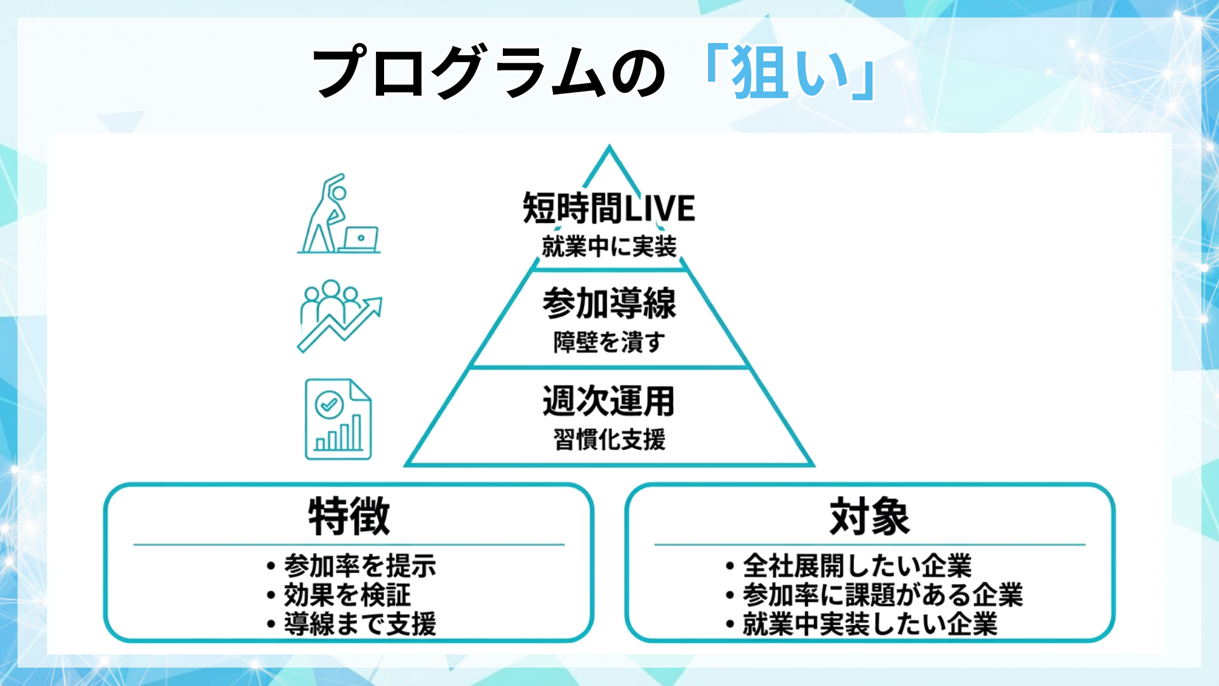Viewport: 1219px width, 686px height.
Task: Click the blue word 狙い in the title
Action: [791, 72]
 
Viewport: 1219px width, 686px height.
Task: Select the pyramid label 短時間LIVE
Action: [609, 208]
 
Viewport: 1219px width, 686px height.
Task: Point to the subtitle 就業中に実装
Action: [609, 246]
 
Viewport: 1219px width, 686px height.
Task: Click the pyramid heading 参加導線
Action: [609, 304]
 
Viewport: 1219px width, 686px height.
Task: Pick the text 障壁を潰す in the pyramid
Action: [609, 342]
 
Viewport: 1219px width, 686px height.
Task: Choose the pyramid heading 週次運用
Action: [609, 401]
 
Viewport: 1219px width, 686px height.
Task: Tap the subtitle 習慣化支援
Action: [609, 440]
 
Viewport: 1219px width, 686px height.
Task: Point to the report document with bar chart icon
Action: [338, 419]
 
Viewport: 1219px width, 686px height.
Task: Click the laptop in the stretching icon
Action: [359, 239]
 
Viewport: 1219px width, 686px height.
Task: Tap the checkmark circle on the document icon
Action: [328, 404]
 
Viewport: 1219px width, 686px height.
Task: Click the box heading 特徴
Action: [349, 517]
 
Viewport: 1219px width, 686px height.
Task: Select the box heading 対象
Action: [869, 517]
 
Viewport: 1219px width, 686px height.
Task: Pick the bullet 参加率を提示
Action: [359, 565]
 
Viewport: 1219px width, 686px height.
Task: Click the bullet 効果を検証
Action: [347, 595]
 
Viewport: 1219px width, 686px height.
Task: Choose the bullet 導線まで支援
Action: [359, 624]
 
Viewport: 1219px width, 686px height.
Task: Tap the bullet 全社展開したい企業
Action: [857, 565]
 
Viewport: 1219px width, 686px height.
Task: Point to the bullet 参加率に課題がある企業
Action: [883, 595]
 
